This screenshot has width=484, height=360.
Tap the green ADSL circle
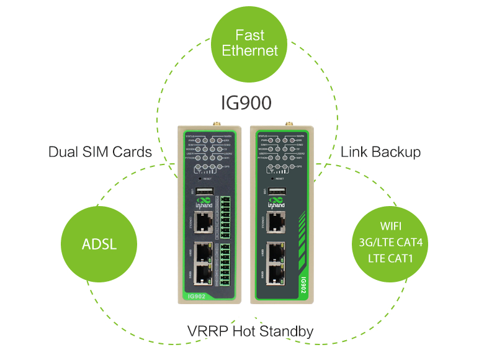[x=99, y=243]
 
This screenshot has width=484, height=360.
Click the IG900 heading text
[x=246, y=101]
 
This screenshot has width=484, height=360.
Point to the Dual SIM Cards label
[x=100, y=152]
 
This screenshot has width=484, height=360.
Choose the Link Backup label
[x=380, y=152]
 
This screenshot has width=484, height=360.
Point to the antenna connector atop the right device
[x=288, y=121]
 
